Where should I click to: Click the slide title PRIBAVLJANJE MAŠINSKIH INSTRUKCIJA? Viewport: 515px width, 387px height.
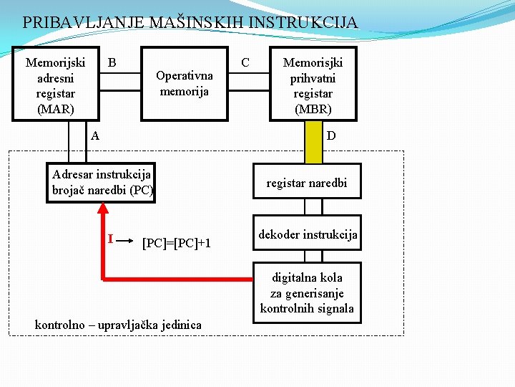tap(190, 22)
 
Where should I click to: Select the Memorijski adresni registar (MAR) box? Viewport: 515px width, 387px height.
tap(55, 85)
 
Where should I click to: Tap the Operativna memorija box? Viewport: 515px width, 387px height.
tap(184, 84)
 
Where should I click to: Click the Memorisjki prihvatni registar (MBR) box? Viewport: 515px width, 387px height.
tap(312, 85)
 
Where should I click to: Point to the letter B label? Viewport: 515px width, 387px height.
tap(112, 62)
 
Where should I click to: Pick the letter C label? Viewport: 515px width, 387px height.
tap(245, 62)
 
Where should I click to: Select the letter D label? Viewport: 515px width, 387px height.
tap(331, 135)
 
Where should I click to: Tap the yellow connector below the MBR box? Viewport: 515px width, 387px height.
tap(313, 141)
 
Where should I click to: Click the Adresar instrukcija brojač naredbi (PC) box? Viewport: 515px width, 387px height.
tap(102, 183)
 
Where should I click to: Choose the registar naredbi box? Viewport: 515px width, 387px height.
tap(306, 183)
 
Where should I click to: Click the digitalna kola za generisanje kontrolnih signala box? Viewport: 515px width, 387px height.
tap(306, 292)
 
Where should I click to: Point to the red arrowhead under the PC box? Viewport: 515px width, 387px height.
tap(103, 208)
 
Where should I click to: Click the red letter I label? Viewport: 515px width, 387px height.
tap(109, 237)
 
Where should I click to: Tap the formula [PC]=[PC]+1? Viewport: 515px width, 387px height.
tap(177, 243)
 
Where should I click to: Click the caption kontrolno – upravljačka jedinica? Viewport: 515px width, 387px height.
tap(118, 325)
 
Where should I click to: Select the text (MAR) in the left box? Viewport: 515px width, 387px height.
tap(55, 109)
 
